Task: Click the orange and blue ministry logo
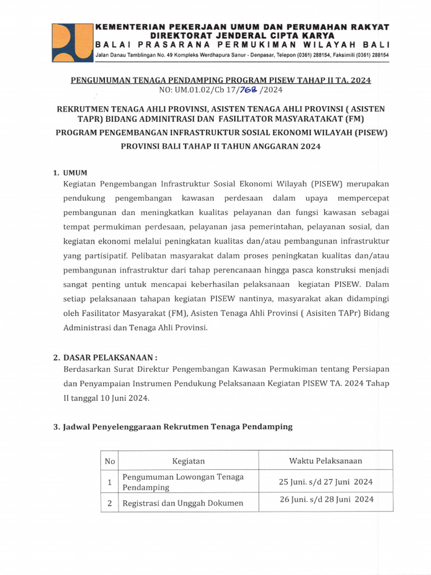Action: [71, 42]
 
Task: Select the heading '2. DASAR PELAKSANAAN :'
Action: [106, 357]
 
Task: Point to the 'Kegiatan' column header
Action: [189, 461]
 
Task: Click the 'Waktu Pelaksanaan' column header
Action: [325, 461]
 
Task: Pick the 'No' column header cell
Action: [109, 461]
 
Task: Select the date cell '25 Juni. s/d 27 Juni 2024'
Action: [326, 482]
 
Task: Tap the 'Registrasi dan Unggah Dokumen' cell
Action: [183, 503]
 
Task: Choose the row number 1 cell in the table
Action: [109, 482]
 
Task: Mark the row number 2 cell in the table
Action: [109, 503]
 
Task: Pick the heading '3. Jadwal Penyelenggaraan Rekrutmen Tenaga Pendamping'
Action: [173, 427]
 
